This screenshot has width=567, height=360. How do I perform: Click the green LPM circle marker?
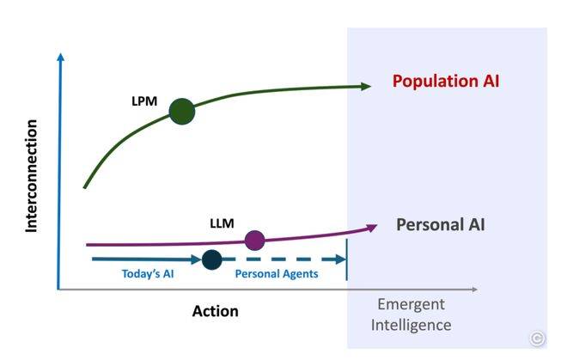point(182,112)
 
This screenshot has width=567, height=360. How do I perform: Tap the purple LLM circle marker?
point(254,241)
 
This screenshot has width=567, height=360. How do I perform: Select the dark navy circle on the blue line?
point(211,259)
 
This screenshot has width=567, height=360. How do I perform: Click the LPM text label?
point(144,101)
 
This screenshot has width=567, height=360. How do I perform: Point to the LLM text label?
point(222,223)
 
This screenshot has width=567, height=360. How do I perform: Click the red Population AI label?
point(446,81)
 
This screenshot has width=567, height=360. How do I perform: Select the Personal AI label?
point(441,225)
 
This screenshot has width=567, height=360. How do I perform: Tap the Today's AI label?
point(148,274)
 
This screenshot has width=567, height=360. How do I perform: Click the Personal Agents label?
point(277,274)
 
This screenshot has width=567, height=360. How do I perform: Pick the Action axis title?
point(215,311)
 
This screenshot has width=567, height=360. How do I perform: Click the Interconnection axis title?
point(32,176)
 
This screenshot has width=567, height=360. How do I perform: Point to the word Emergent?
point(412,304)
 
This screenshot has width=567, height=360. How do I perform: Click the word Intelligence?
point(412,325)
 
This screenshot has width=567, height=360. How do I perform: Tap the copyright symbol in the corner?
point(537,339)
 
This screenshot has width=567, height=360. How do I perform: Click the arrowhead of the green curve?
point(366,86)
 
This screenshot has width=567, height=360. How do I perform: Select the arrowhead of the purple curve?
point(372,227)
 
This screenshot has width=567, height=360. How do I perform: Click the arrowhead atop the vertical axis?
point(61,57)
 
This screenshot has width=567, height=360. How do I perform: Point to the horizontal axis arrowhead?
point(474,289)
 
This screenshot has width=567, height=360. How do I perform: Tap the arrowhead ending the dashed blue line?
point(341,259)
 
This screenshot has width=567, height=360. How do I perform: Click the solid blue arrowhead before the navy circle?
point(196,259)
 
